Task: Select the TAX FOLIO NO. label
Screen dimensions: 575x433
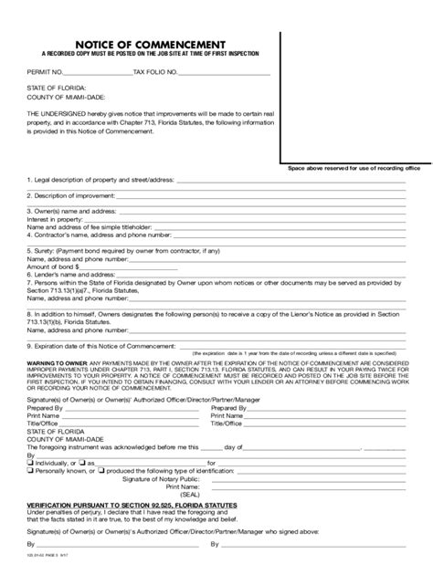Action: coord(157,72)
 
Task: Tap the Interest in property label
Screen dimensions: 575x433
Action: coord(56,218)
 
